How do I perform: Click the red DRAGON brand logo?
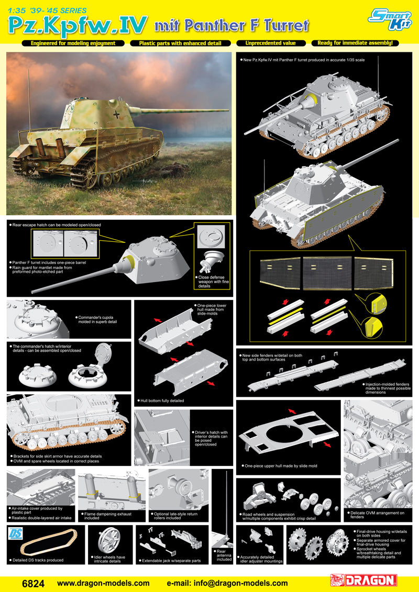pyautogui.click(x=363, y=580)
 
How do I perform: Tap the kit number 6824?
pyautogui.click(x=34, y=583)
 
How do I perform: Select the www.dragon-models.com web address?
pyautogui.click(x=103, y=583)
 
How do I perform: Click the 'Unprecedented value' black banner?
pyautogui.click(x=271, y=43)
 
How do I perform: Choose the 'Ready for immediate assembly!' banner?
pyautogui.click(x=355, y=43)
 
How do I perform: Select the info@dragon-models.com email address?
pyautogui.click(x=227, y=583)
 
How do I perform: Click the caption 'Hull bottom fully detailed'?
pyautogui.click(x=162, y=400)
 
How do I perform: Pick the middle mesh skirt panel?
pyautogui.click(x=327, y=273)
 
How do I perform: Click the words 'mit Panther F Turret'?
pyautogui.click(x=231, y=25)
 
